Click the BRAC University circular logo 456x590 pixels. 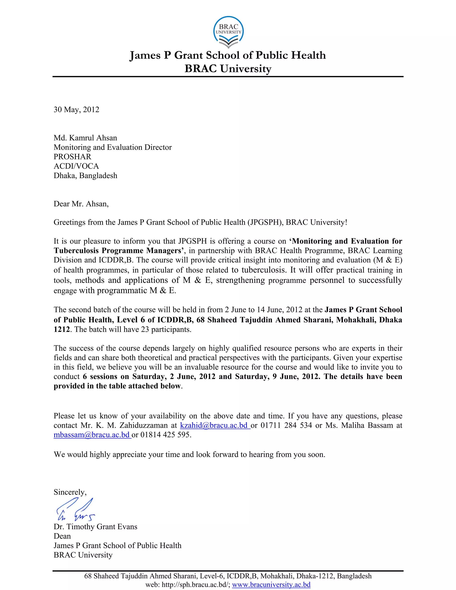228,32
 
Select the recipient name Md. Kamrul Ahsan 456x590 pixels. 85,138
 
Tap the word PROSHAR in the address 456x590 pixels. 72,157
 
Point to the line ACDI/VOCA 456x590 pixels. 76,166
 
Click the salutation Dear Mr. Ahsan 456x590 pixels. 81,204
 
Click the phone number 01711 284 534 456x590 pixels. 286,425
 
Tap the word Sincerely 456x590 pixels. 70,492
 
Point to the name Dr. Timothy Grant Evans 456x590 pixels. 95,527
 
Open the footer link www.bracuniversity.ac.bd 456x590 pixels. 271,585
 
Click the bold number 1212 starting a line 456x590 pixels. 62,330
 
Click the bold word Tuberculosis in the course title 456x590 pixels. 76,250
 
